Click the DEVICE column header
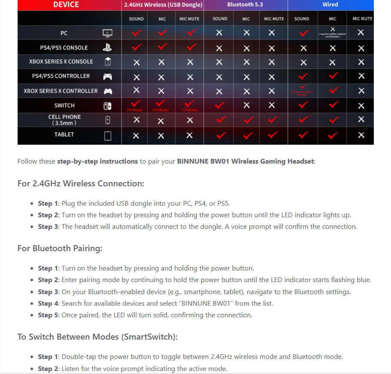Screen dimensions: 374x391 click(66, 5)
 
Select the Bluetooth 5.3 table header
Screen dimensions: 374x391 click(246, 5)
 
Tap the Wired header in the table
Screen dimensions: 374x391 click(330, 5)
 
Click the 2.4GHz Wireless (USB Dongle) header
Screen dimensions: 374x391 click(162, 5)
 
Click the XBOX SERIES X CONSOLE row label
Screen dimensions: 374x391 click(61, 61)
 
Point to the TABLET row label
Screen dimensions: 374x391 click(64, 134)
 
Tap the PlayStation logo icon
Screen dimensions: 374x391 click(107, 48)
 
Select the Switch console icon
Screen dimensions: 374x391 click(107, 106)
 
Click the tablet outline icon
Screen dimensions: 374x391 click(108, 136)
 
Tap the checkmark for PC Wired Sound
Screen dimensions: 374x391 click(304, 33)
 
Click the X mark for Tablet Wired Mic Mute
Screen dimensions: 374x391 click(361, 135)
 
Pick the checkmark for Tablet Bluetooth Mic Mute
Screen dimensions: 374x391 click(273, 135)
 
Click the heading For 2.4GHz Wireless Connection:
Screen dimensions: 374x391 click(81, 184)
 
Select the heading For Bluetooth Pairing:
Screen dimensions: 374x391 click(60, 249)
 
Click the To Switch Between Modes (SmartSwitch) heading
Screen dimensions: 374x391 click(97, 337)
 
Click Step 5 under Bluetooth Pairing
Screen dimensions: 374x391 click(45, 315)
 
